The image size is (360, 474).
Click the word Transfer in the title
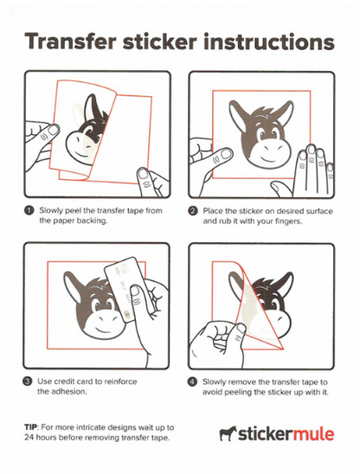pos(70,42)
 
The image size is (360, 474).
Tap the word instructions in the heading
pos(269,42)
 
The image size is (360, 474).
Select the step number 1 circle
pos(29,211)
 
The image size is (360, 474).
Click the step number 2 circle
pos(193,211)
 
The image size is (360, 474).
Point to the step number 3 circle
pos(28,381)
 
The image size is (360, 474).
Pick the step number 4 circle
pos(192,381)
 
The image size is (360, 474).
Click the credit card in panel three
pos(123,290)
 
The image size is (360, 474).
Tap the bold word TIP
pos(31,427)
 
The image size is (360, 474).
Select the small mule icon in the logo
pos(228,434)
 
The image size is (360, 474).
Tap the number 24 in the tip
pos(29,438)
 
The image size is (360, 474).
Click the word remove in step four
pos(240,381)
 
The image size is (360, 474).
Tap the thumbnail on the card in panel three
pos(136,291)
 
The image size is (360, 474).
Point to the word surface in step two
pos(319,211)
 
